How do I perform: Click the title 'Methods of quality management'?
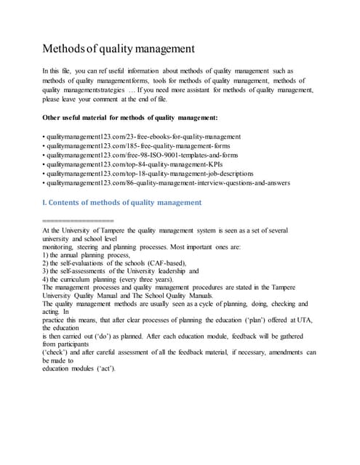pos(118,49)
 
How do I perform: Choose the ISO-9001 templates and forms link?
pos(145,155)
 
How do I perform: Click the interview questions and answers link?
pos(167,184)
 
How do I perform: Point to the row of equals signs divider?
pos(79,219)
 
